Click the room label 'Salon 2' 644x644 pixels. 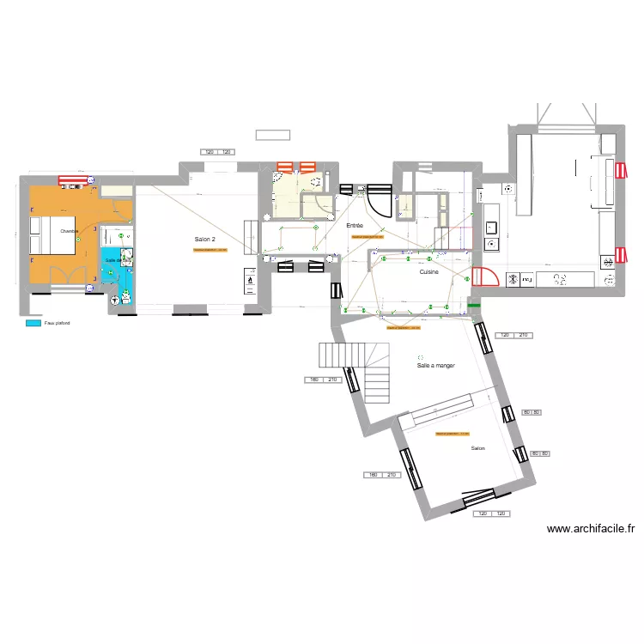coord(204,239)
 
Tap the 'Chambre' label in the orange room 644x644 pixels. coord(70,231)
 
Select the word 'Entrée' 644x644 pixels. coord(354,225)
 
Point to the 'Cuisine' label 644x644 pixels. coord(429,271)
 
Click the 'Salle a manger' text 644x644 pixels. coord(435,365)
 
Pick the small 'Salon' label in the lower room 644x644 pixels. coord(478,448)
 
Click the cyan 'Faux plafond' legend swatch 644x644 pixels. coord(33,324)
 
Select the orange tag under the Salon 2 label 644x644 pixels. coord(210,250)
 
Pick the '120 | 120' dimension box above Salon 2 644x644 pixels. coord(217,152)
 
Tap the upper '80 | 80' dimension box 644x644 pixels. coord(531,413)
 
